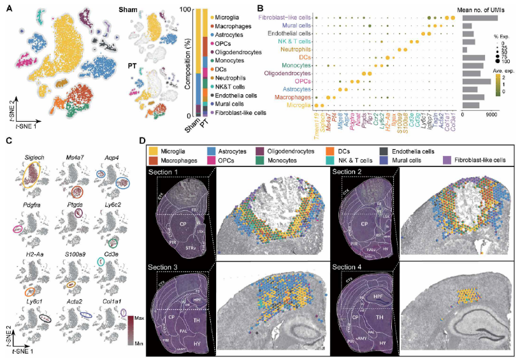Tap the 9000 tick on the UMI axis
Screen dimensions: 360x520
(491, 115)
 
